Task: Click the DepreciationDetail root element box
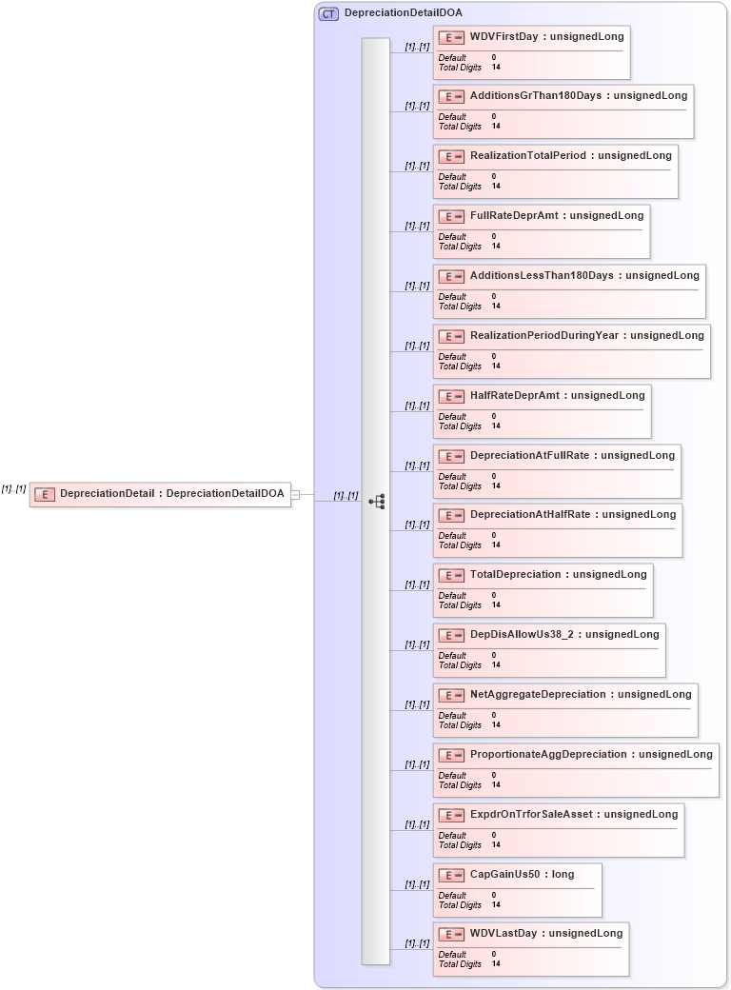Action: click(x=160, y=494)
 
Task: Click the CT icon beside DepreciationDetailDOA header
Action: click(x=328, y=13)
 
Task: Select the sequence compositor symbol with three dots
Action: click(x=377, y=501)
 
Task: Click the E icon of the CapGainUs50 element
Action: click(x=451, y=875)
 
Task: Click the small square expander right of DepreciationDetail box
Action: click(x=295, y=494)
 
